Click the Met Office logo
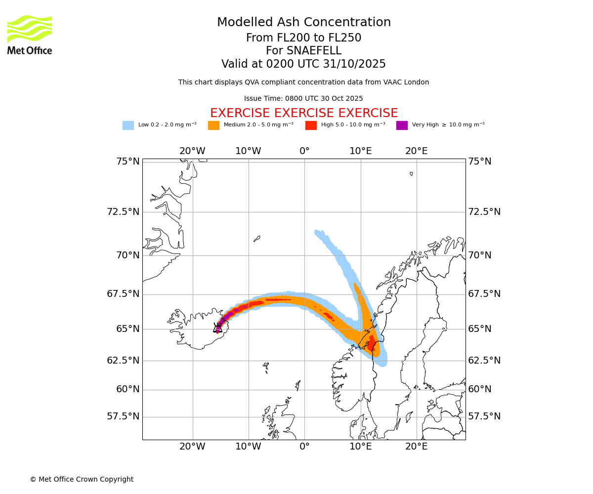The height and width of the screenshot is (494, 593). click(x=30, y=35)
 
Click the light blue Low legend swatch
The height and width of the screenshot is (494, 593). click(x=128, y=125)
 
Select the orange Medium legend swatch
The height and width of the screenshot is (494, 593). click(x=213, y=125)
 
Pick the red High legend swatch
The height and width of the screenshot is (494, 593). click(x=311, y=125)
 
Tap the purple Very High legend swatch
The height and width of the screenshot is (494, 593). click(x=402, y=125)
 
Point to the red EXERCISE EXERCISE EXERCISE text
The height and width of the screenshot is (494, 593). click(x=304, y=113)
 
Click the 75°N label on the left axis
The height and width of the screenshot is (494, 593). click(x=123, y=162)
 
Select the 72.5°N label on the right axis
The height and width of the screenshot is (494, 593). click(x=484, y=212)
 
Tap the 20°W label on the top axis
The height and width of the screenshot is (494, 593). click(x=192, y=151)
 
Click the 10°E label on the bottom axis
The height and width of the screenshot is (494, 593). click(x=361, y=447)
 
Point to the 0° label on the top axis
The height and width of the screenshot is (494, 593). click(x=304, y=151)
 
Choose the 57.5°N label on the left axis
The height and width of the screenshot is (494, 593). click(x=123, y=416)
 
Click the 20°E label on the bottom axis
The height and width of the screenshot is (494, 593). click(x=417, y=447)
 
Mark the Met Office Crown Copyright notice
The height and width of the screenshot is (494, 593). click(x=82, y=479)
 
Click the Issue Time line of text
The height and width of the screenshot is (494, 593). click(x=303, y=99)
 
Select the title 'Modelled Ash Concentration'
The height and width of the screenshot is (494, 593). click(x=304, y=23)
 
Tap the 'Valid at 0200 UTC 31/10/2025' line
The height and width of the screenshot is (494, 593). click(x=303, y=64)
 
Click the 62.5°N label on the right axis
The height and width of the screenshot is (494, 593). click(x=484, y=361)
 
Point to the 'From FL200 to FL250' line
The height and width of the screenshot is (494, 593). click(x=303, y=38)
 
